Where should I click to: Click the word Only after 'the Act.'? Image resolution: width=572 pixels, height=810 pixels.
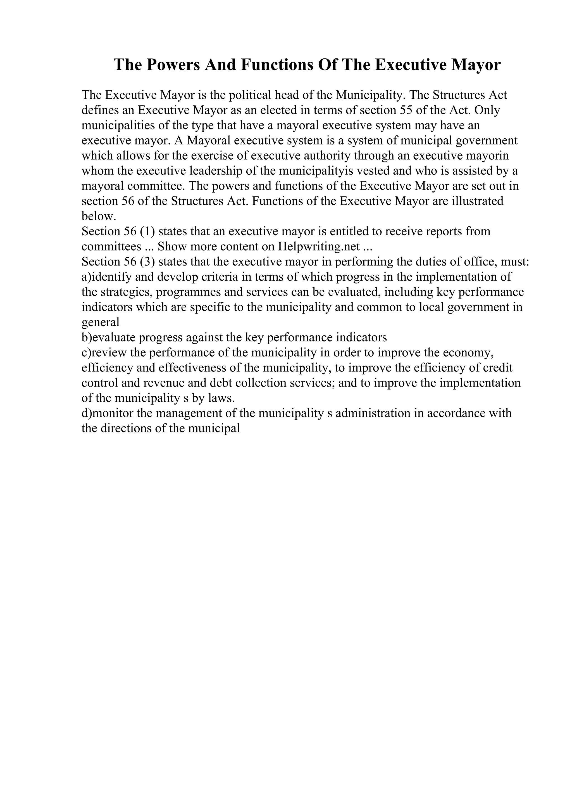click(x=487, y=110)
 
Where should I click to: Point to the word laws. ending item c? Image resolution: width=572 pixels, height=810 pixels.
click(x=221, y=398)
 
